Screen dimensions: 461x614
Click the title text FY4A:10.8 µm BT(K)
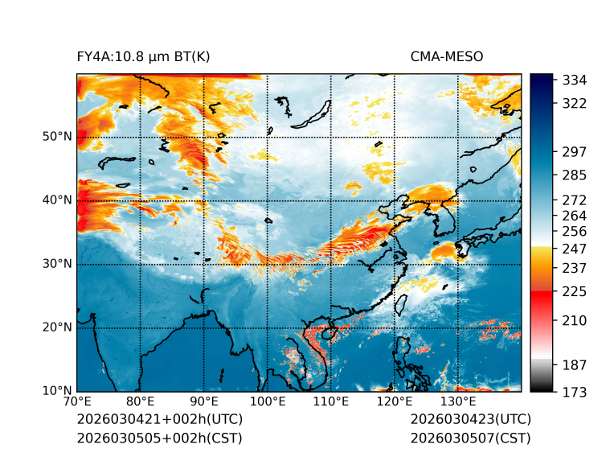[x=143, y=56]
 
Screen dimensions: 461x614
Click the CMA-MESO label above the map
[x=447, y=56]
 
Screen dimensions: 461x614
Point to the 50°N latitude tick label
[x=56, y=137]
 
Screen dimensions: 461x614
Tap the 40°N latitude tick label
[x=56, y=200]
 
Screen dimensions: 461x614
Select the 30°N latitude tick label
[x=56, y=264]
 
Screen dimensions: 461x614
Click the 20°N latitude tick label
[x=56, y=327]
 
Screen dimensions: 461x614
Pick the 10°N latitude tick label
[x=56, y=391]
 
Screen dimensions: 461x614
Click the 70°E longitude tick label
[x=77, y=402]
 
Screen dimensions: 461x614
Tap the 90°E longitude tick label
[x=204, y=402]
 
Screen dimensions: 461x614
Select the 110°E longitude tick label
[x=331, y=402]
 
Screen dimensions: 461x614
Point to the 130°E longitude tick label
[x=458, y=402]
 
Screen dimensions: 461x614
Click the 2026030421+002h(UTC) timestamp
[x=159, y=420]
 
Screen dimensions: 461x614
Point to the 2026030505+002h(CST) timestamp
[x=159, y=438]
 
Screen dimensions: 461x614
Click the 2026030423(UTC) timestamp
[x=470, y=420]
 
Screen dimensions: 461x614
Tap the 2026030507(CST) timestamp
[x=470, y=438]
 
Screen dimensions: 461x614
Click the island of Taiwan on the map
[x=403, y=303]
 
